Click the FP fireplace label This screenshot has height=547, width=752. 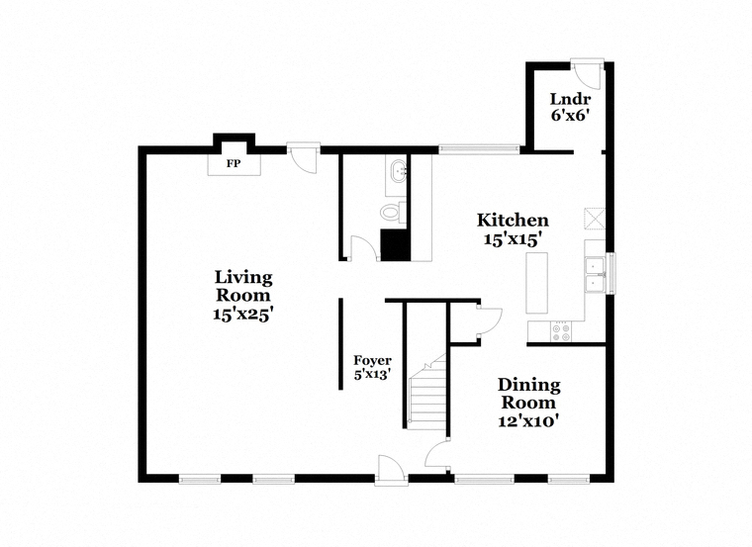234,164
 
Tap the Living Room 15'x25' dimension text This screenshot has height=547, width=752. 243,314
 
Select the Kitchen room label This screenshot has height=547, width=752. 513,220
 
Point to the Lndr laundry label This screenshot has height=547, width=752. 570,99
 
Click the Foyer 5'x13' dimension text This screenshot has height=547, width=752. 372,374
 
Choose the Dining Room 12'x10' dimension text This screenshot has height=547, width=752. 528,421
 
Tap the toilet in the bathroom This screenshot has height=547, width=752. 393,212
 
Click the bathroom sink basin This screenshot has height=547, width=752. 399,172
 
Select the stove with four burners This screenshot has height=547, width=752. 561,331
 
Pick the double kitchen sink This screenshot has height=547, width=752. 595,275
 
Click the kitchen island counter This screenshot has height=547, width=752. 537,283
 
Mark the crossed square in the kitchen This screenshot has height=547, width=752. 595,219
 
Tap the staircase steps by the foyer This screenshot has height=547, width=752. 426,392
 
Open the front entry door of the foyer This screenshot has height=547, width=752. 391,469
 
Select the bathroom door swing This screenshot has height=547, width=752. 363,248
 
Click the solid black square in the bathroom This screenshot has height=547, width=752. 396,245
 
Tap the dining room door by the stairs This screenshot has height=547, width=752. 437,453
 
